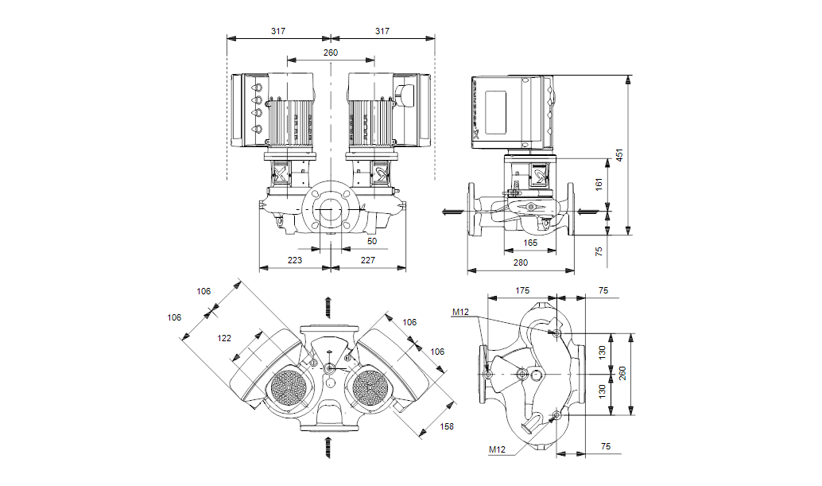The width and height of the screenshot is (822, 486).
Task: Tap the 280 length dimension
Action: pyautogui.click(x=521, y=262)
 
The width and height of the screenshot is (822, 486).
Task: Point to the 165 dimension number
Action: pyautogui.click(x=530, y=243)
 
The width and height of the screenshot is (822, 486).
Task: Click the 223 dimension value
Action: pyautogui.click(x=294, y=260)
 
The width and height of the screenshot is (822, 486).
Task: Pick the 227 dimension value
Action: pyautogui.click(x=367, y=260)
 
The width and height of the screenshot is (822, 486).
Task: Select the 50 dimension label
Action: pyautogui.click(x=372, y=240)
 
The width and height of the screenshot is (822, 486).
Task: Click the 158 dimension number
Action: pyautogui.click(x=448, y=427)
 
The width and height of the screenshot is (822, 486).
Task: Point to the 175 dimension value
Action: pyautogui.click(x=522, y=291)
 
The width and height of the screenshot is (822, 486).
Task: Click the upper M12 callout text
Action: pyautogui.click(x=461, y=313)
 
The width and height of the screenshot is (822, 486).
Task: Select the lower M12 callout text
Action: pyautogui.click(x=496, y=450)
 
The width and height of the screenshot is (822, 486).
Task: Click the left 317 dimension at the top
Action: pyautogui.click(x=277, y=31)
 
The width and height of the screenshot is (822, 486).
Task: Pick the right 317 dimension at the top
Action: pyautogui.click(x=382, y=31)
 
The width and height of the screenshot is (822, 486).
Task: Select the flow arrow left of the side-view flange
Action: pyautogui.click(x=452, y=212)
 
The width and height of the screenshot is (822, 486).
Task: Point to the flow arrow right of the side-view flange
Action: pyautogui.click(x=586, y=211)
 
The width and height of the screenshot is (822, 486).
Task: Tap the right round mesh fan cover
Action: pyautogui.click(x=369, y=388)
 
